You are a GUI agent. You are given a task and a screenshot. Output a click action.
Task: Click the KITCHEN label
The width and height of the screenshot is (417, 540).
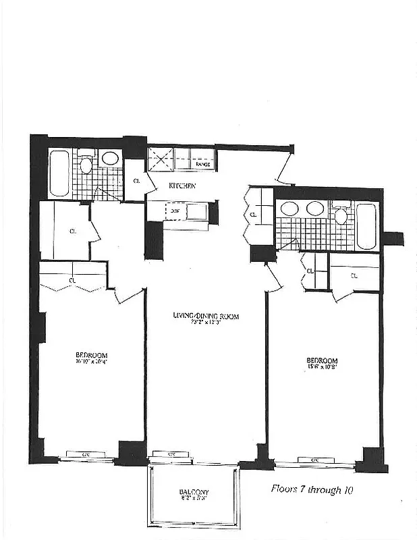[182, 186]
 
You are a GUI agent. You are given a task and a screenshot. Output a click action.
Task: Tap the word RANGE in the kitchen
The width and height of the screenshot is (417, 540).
[202, 164]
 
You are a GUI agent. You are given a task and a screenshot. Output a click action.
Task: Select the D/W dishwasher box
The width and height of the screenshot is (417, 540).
[175, 211]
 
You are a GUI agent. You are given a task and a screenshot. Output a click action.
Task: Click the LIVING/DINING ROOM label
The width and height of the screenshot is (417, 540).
[206, 316]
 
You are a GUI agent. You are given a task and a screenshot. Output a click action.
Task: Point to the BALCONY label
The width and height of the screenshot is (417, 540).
[194, 491]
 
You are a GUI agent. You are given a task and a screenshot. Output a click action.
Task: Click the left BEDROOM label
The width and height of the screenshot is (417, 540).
[92, 355]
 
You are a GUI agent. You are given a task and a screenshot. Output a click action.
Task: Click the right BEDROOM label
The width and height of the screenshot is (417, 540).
[322, 360]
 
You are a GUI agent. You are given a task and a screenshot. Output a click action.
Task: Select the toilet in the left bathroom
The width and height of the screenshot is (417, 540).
[86, 165]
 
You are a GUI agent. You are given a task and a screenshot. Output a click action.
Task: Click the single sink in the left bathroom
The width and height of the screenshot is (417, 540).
[109, 159]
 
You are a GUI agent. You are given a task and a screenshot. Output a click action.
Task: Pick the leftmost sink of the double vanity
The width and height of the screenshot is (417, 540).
[290, 209]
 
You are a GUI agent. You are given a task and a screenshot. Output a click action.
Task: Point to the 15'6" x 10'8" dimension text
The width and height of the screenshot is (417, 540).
[322, 368]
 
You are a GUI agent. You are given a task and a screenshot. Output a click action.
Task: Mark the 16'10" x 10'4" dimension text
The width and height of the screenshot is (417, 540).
[92, 362]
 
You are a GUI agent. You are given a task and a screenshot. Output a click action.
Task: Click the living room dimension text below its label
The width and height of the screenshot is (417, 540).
[206, 323]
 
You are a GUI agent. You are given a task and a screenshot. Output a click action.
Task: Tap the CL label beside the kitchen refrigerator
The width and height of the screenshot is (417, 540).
[137, 181]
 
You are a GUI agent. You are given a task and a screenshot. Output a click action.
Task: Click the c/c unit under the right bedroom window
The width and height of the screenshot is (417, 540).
[314, 460]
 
